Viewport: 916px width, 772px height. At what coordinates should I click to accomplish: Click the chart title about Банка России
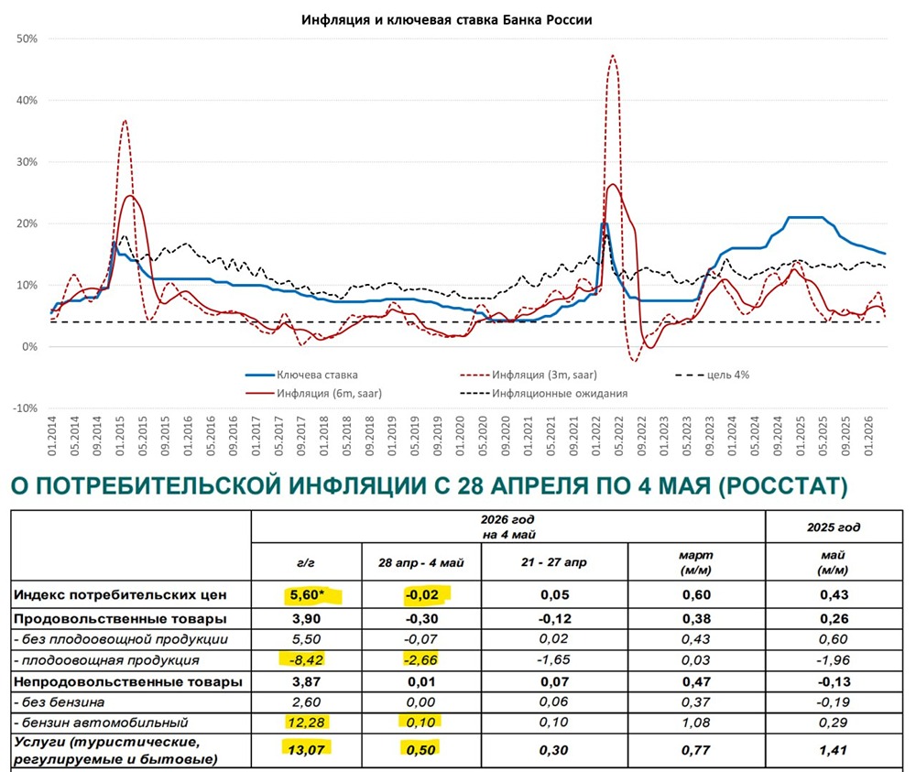click(446, 20)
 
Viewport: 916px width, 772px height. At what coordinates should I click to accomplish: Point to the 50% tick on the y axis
click(27, 39)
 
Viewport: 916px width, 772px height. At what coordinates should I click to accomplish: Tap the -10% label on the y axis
click(25, 408)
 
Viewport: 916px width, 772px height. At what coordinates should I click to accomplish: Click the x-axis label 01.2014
click(51, 436)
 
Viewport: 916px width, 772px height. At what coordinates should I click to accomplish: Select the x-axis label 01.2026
click(868, 436)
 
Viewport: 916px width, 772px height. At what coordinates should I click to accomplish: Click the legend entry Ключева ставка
click(301, 375)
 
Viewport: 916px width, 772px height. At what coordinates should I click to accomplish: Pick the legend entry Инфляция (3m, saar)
click(529, 375)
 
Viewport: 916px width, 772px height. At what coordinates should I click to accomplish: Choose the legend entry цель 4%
click(712, 375)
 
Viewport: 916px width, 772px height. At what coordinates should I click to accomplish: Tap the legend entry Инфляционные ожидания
click(544, 394)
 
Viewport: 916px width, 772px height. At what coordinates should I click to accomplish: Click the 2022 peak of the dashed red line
click(612, 56)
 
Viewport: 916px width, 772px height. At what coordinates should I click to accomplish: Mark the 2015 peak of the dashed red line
click(125, 120)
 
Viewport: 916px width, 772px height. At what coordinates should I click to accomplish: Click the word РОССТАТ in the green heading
click(783, 486)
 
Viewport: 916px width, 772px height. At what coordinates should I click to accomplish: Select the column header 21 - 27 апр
click(554, 562)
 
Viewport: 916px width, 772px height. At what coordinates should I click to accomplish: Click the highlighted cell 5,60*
click(307, 595)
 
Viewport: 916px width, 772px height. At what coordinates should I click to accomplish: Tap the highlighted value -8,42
click(306, 660)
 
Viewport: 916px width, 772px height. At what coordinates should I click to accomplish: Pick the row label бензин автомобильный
click(101, 723)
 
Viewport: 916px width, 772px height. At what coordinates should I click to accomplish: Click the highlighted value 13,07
click(306, 749)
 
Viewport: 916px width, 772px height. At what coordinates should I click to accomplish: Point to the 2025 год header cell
click(834, 527)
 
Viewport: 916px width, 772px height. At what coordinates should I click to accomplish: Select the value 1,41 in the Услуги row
click(833, 750)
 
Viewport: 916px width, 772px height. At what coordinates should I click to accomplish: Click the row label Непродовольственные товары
click(128, 681)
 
